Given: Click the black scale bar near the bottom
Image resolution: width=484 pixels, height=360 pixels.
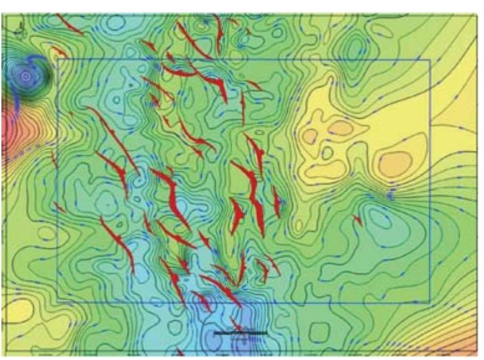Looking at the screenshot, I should click(x=240, y=333).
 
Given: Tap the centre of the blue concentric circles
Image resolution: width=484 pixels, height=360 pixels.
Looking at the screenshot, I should click(x=25, y=76).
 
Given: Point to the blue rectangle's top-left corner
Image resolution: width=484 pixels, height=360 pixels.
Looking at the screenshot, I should click(x=57, y=60).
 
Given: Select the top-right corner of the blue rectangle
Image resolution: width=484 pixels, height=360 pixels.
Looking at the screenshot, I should click(x=430, y=60).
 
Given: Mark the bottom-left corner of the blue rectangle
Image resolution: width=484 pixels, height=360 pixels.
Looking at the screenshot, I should click(x=57, y=302).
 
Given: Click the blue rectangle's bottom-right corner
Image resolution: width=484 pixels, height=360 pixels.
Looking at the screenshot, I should click(x=430, y=302).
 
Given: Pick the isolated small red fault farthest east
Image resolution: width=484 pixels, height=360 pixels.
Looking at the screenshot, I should click(x=357, y=219).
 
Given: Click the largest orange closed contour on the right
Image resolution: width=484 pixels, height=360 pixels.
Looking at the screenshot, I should click(x=395, y=163).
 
